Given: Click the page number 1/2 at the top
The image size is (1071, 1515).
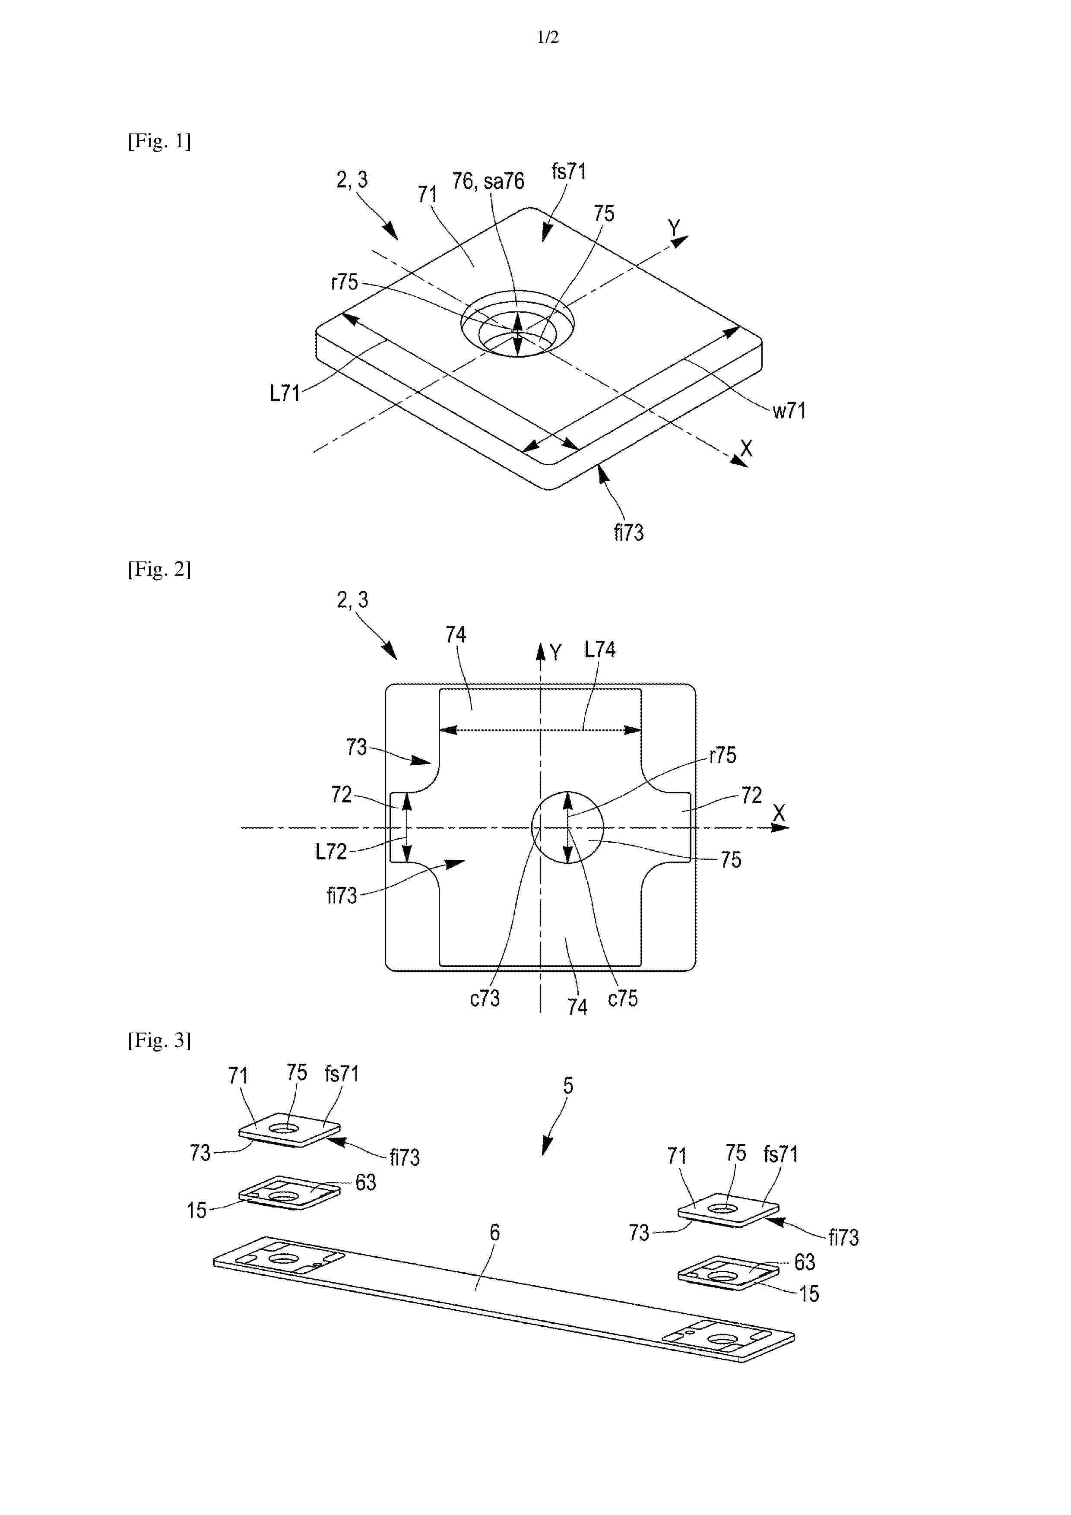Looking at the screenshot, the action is pos(548,38).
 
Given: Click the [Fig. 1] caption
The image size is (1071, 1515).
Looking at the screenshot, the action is pos(159,141).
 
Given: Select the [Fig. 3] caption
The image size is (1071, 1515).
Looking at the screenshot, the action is pos(159,1040).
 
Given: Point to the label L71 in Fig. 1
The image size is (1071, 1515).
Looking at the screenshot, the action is pos(285,393).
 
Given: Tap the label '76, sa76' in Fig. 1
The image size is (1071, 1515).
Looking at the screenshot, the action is pos(488,181).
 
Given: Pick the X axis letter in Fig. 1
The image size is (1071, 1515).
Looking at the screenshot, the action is pos(746,449).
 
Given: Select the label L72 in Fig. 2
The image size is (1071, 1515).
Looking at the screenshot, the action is pos(331,852).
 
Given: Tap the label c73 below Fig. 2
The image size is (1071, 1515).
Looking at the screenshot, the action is pos(485,998).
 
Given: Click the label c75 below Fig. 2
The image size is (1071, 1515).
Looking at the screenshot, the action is pos(623,998).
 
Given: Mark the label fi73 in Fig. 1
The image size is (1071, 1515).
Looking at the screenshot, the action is pos(628,532).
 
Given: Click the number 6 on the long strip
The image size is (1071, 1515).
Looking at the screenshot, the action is pos(494,1232).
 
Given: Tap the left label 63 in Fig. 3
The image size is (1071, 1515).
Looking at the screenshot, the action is pos(366,1182).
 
